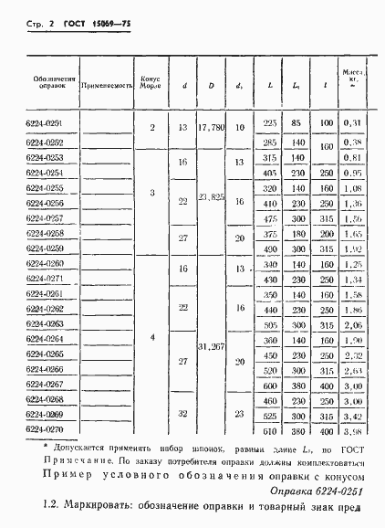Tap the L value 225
point(269,121)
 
